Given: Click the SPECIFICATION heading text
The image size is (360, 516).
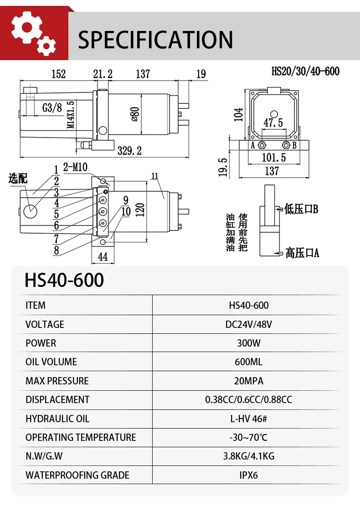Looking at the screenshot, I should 155,40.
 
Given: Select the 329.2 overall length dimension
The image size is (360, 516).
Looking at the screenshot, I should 129,151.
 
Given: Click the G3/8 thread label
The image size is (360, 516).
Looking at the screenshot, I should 52,108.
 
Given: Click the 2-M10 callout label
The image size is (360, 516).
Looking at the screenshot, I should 75,167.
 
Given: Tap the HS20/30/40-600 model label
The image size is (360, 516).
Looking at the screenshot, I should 305,71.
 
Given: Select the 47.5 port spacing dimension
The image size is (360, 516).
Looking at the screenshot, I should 273,123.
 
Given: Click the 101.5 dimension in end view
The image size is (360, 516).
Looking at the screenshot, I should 274,158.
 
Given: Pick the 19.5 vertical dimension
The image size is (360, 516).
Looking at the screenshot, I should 222,167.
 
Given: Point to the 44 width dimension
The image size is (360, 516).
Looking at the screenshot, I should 103,257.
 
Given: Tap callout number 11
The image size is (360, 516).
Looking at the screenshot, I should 154,176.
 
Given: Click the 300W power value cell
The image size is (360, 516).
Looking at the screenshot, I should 248,343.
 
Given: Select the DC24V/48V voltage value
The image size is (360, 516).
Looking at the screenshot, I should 248,324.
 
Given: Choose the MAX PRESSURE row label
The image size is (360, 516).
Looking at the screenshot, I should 57,381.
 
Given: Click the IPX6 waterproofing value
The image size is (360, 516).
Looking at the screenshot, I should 248,475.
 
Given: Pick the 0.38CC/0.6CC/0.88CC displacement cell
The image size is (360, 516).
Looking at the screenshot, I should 248,399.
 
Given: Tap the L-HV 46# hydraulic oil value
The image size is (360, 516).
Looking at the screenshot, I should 248,419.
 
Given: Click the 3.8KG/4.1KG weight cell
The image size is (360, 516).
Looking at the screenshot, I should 248,456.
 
